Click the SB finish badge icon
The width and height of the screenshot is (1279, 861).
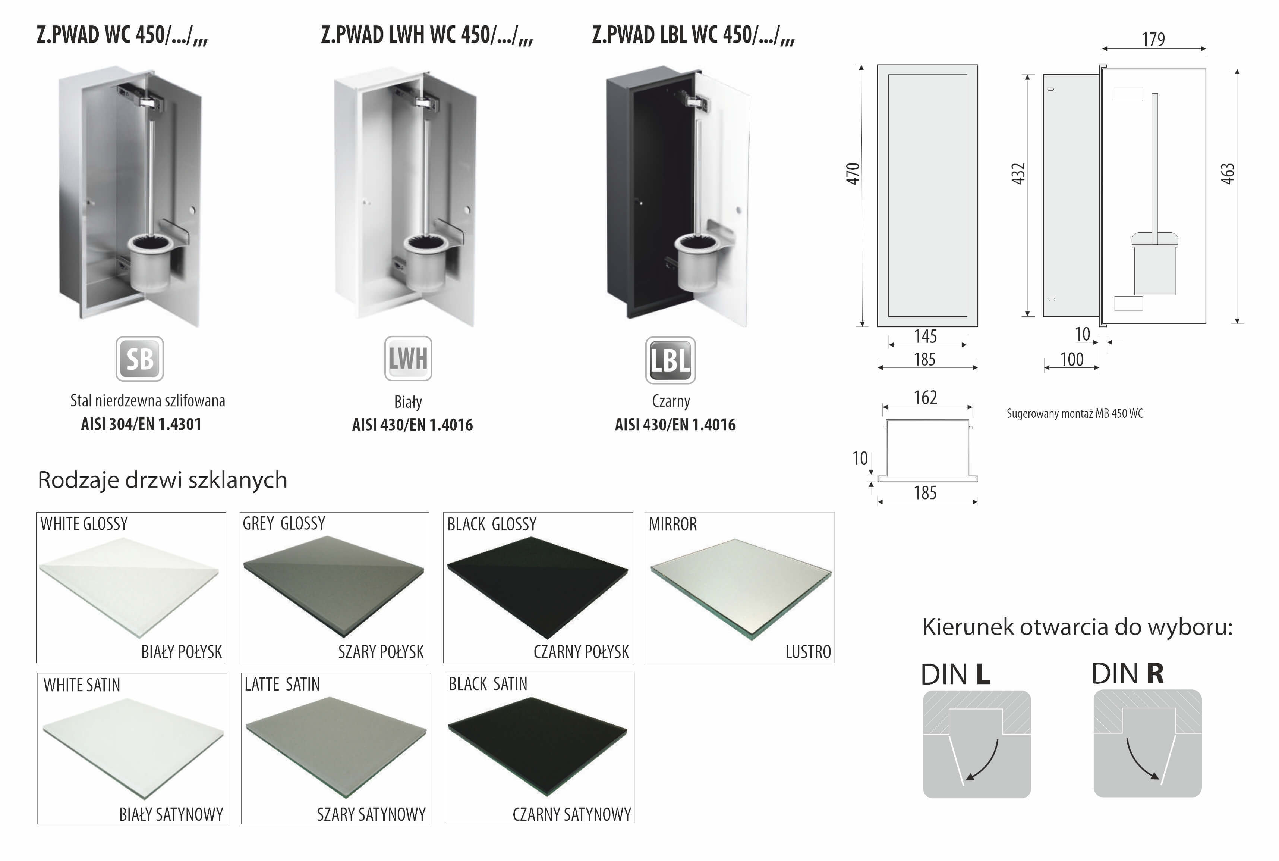[x=139, y=359]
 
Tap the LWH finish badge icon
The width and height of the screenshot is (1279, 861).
[x=408, y=359]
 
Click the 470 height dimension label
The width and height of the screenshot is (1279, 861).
[x=853, y=173]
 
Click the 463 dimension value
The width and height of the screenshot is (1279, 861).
[x=1228, y=173]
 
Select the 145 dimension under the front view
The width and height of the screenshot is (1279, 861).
[x=925, y=335]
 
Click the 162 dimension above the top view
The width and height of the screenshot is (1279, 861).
[x=925, y=397]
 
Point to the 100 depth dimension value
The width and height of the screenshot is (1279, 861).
[x=1072, y=359]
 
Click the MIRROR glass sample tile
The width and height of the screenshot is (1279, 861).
[x=739, y=588]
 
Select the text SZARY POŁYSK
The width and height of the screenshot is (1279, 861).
[x=381, y=652]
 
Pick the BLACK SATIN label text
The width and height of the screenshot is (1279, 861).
[x=488, y=684]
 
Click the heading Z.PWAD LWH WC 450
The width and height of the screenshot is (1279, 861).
[x=426, y=35]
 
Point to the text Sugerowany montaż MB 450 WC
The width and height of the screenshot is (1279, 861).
[x=1074, y=413]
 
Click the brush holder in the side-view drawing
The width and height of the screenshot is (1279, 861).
[x=1154, y=264]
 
